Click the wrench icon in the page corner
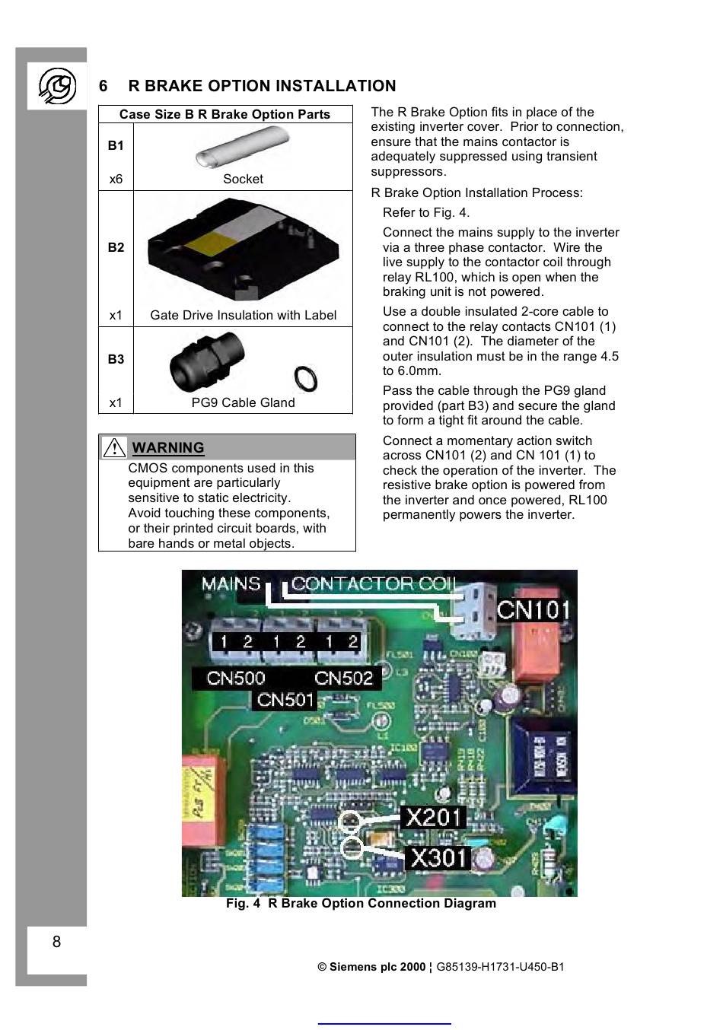click(57, 87)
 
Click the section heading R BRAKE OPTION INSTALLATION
click(262, 86)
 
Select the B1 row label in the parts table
click(116, 145)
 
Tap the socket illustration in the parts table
click(243, 147)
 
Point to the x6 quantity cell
click(116, 180)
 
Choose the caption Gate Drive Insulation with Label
click(243, 315)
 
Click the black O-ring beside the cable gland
click(305, 378)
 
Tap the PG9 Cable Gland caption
click(243, 402)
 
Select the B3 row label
click(116, 359)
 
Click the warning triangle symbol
click(114, 447)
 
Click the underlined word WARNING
click(168, 447)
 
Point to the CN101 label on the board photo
click(533, 609)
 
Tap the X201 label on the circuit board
click(433, 817)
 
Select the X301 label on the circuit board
click(438, 858)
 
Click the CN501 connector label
click(285, 699)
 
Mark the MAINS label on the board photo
click(231, 584)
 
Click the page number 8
click(56, 942)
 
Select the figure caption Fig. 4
click(361, 903)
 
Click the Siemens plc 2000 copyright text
click(371, 967)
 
